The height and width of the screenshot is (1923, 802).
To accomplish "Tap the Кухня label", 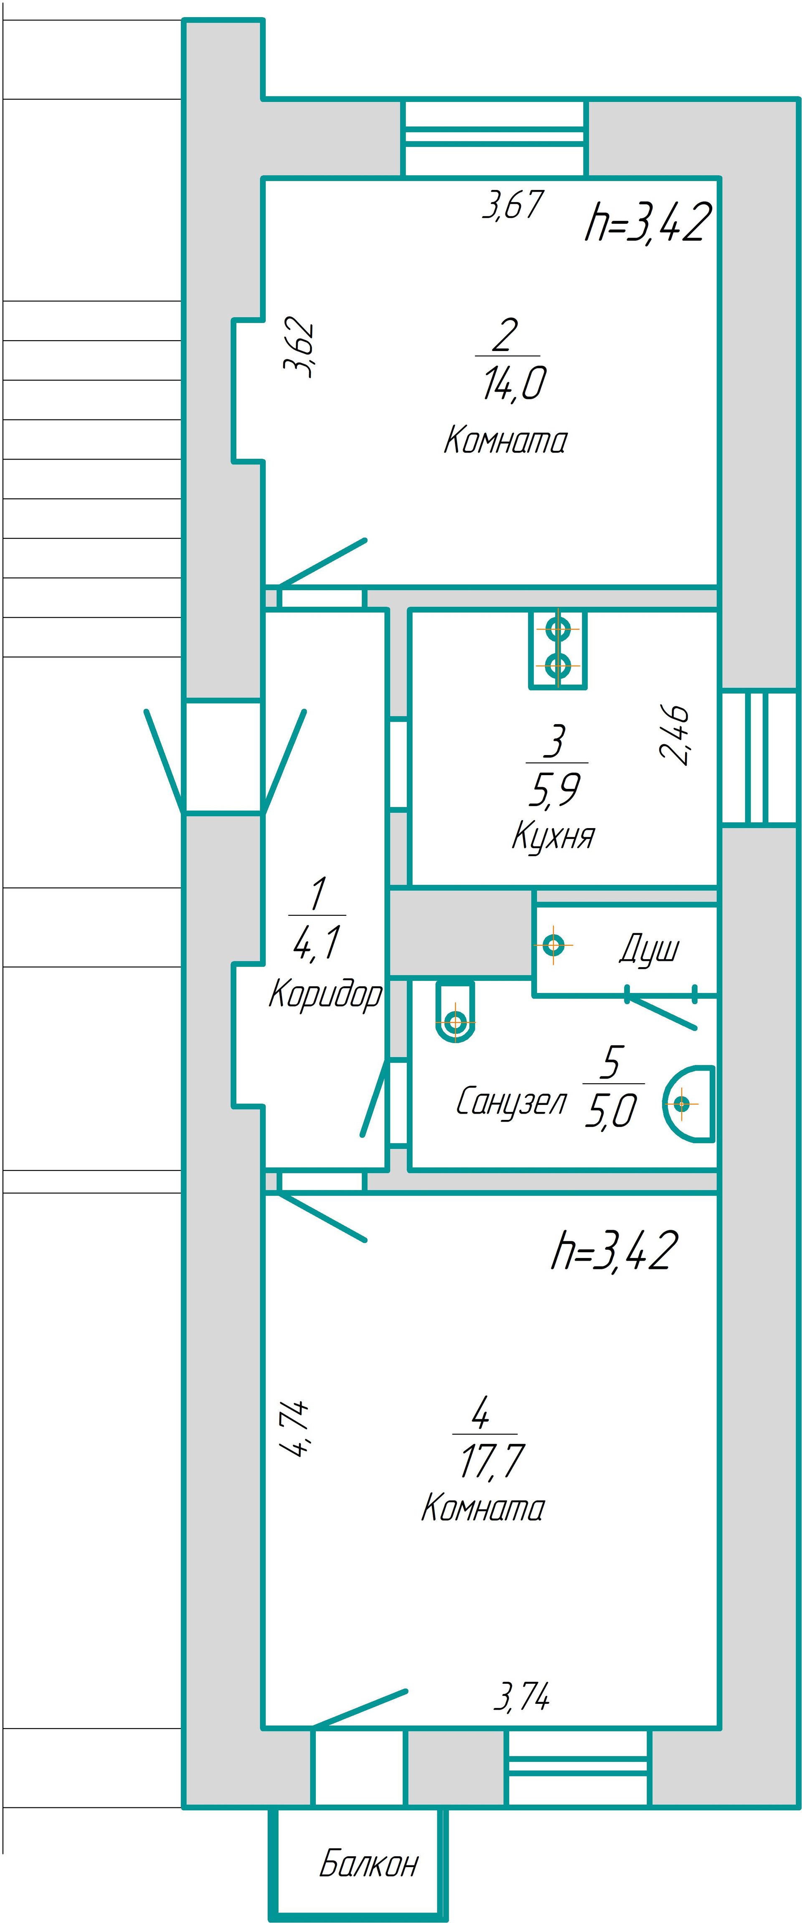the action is pos(553,836).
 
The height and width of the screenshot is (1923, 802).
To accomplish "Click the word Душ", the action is pos(649,950).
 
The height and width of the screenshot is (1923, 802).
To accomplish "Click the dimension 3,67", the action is pos(512,205).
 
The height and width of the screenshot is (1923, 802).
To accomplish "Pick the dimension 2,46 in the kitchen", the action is pos(674,735).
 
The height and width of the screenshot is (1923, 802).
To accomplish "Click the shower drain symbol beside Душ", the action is pos(553,945).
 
